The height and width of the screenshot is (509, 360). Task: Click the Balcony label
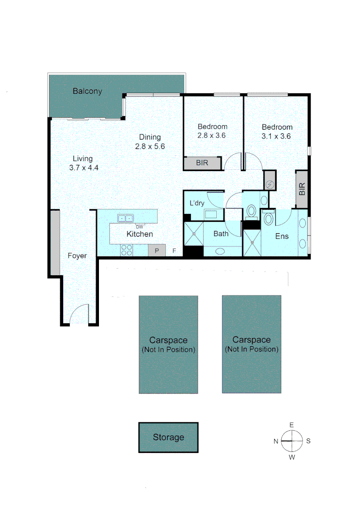[87, 91]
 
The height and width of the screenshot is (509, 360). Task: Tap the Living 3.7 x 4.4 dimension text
[83, 167]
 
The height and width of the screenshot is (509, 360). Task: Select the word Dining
[150, 137]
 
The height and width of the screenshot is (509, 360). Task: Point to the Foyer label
[77, 256]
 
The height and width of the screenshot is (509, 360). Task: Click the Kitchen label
[139, 234]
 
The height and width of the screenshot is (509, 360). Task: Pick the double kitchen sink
[126, 218]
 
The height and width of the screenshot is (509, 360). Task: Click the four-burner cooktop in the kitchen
[126, 250]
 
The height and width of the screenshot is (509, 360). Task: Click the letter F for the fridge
[174, 251]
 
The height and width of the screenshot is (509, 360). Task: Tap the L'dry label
[197, 203]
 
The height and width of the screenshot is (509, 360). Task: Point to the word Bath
[221, 233]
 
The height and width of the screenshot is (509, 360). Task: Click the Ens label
[282, 236]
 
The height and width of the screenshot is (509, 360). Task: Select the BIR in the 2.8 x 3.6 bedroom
[202, 164]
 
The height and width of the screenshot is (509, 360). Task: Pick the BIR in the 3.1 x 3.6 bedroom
[302, 189]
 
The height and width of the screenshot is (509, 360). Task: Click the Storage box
[168, 437]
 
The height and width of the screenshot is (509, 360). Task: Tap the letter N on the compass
[276, 441]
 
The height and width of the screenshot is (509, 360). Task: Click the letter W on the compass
[292, 457]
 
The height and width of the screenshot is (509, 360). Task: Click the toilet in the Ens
[269, 219]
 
